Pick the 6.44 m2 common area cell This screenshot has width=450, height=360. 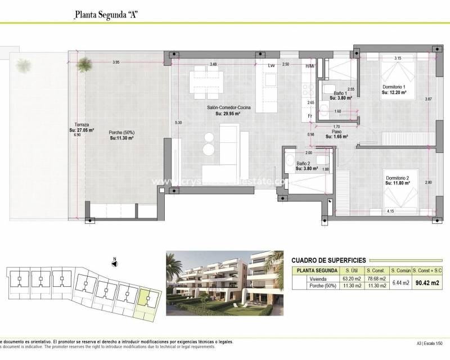click(400, 282)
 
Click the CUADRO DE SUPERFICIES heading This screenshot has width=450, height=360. click(329, 260)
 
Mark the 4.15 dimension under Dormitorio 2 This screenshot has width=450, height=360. click(390, 211)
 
